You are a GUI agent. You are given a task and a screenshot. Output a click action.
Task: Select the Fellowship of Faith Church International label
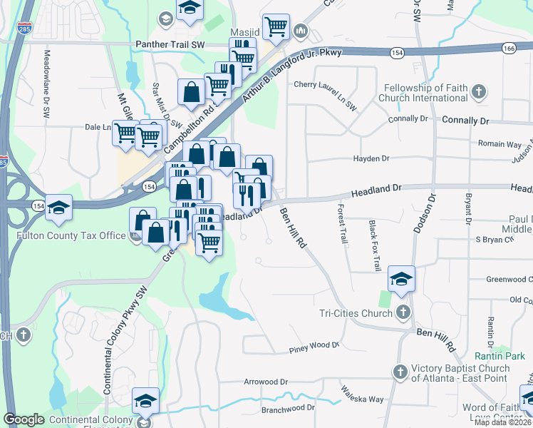click(427, 92)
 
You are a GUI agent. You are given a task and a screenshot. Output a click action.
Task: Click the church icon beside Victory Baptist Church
click(400, 372)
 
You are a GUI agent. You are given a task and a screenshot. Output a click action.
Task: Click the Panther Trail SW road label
click(170, 44)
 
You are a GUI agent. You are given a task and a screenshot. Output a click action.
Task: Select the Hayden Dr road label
click(373, 158)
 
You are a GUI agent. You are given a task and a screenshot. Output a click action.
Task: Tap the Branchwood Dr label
click(288, 407)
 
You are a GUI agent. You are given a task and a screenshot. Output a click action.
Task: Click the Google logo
click(24, 419)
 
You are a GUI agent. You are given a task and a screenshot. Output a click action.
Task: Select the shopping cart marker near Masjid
click(276, 27)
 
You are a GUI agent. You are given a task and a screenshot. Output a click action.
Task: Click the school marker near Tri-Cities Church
click(401, 280)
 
